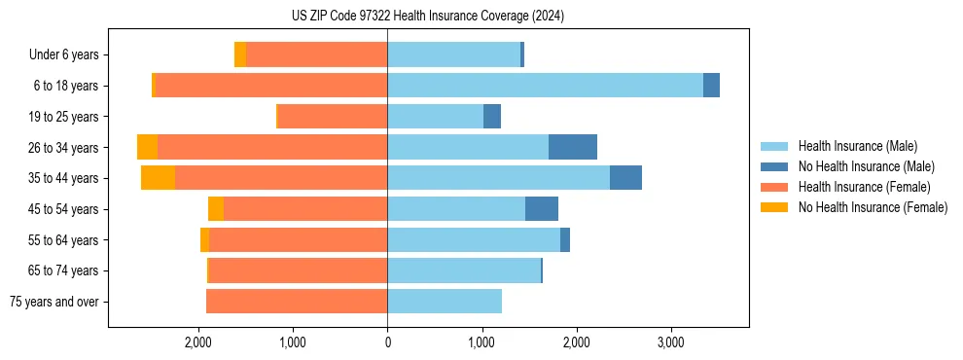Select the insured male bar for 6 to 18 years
(x=545, y=86)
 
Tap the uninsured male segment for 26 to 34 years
(x=573, y=147)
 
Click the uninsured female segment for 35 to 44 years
(x=158, y=178)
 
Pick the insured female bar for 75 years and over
(x=297, y=302)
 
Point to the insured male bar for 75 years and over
(x=445, y=302)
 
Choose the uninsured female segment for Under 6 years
(x=240, y=54)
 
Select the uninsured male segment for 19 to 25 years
(x=492, y=117)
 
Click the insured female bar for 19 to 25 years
(x=333, y=117)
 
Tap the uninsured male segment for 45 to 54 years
(x=542, y=209)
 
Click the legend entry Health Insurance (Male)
(x=857, y=146)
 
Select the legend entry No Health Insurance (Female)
(x=873, y=207)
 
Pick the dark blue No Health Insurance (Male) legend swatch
(x=774, y=166)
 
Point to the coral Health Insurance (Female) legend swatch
(x=774, y=187)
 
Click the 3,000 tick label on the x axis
(x=670, y=343)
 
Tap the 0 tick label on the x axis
(x=387, y=343)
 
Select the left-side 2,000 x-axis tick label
(x=198, y=343)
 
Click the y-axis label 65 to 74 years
(x=65, y=270)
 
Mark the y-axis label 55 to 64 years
(x=65, y=240)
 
